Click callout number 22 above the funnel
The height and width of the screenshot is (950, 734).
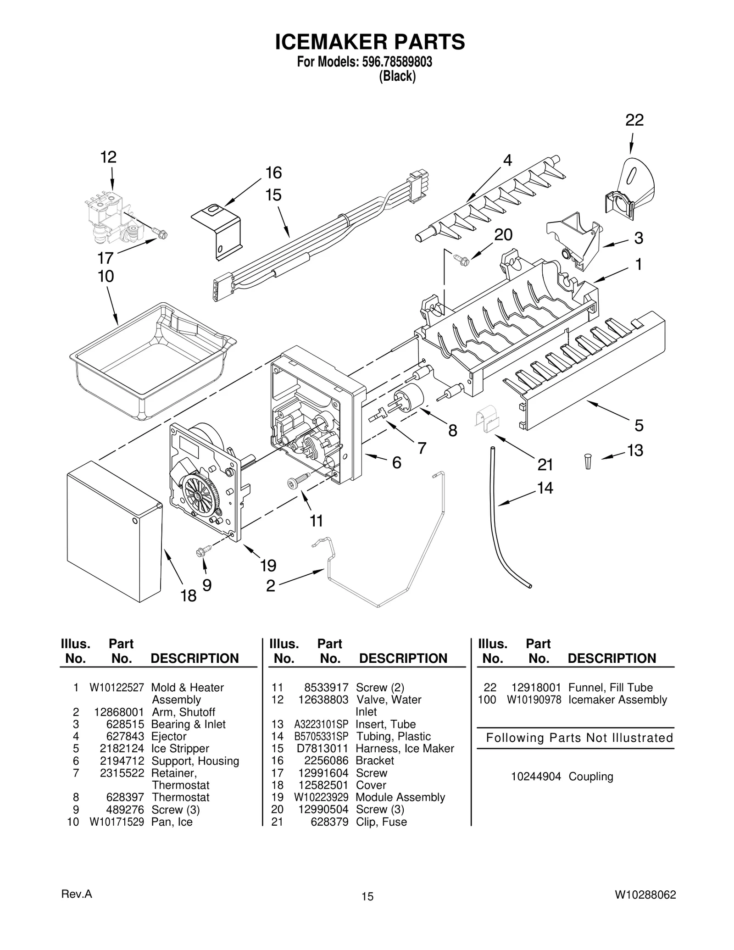coord(634,120)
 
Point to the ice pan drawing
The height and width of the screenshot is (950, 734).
coord(151,360)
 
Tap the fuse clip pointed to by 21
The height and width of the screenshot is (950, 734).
coord(487,418)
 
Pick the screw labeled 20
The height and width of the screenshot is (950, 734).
coord(461,260)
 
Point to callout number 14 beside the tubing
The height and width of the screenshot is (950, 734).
coord(545,488)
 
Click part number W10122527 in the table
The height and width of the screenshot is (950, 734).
coord(117,687)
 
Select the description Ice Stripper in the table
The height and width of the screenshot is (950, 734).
coord(180,748)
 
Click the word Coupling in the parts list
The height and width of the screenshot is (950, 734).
coord(590,776)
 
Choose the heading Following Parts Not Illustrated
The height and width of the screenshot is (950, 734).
coord(579,738)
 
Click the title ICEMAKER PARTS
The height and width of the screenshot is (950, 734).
coord(370,42)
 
